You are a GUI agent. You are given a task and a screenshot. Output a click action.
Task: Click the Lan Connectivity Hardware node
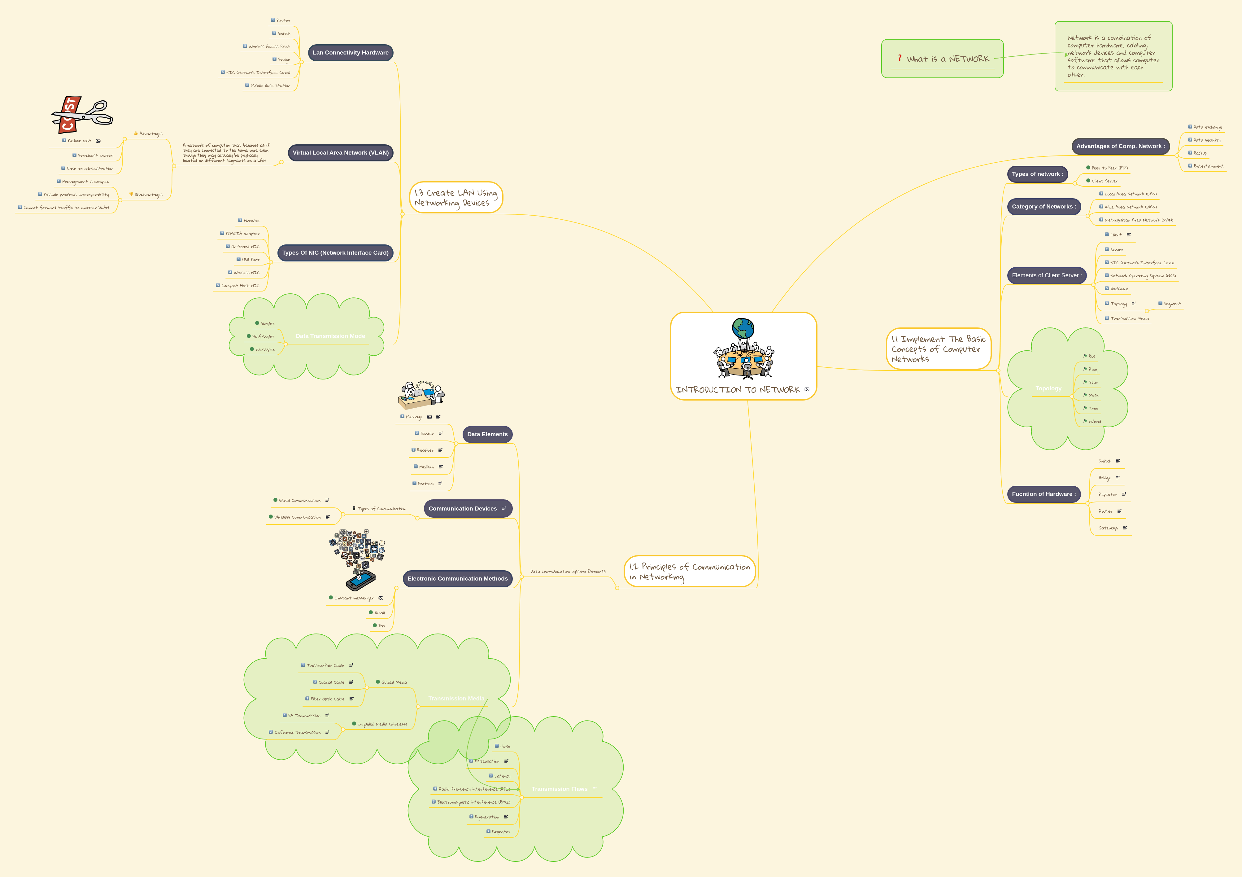(x=351, y=52)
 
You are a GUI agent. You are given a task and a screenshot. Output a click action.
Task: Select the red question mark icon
(x=900, y=58)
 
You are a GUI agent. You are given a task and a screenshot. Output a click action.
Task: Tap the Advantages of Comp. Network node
(x=1120, y=146)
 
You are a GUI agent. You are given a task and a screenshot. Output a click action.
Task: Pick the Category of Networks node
(x=1044, y=207)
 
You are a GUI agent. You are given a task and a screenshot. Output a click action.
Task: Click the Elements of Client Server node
(x=1046, y=275)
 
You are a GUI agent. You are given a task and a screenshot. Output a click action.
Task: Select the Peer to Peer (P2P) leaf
(x=1109, y=168)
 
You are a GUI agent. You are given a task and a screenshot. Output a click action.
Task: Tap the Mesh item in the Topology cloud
(x=1093, y=396)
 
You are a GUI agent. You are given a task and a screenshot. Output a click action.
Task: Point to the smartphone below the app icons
(x=360, y=581)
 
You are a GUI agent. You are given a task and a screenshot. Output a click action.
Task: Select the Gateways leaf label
(x=1108, y=528)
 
